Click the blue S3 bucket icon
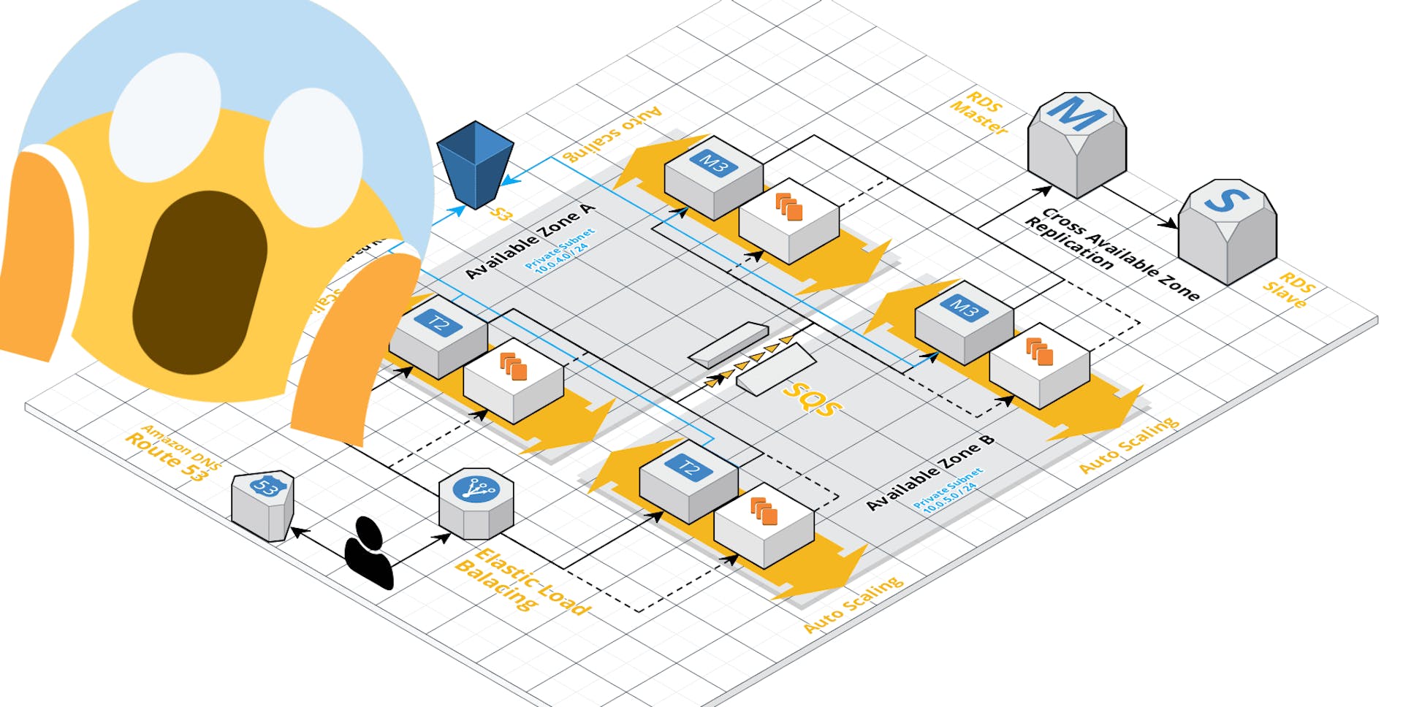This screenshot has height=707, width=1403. (475, 164)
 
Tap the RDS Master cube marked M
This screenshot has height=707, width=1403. (1076, 142)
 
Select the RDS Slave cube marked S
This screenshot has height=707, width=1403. (1228, 230)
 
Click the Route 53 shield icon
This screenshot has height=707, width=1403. (264, 505)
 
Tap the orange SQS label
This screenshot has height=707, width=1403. (812, 399)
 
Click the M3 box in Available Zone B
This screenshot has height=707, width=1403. (963, 321)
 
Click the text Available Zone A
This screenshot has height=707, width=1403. (530, 242)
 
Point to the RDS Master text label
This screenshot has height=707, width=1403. (980, 113)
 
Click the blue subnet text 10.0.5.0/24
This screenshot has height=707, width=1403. (949, 498)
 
